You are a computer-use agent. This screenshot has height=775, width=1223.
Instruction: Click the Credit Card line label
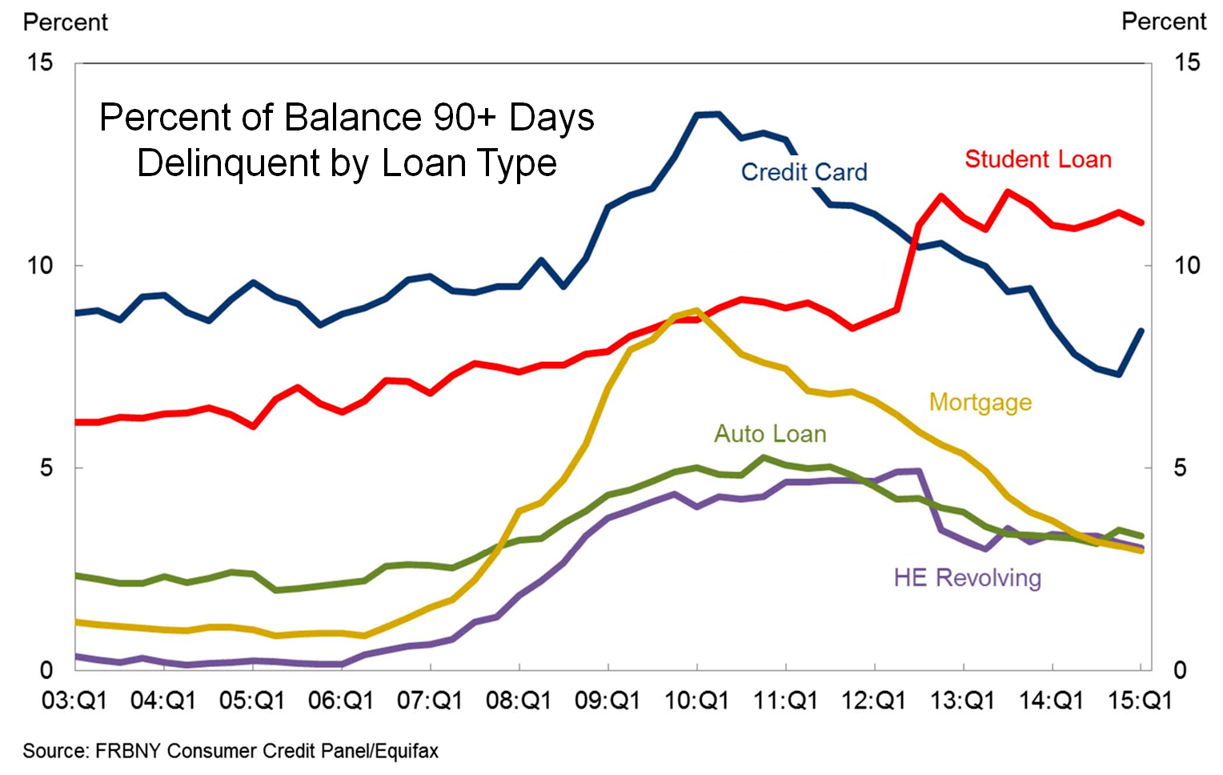(804, 172)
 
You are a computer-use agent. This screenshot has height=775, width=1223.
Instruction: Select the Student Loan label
(1038, 159)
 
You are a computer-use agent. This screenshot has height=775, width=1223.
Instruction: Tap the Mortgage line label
(980, 402)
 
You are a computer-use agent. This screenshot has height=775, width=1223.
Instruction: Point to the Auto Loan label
(770, 434)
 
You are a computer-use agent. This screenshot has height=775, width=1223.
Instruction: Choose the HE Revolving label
(967, 577)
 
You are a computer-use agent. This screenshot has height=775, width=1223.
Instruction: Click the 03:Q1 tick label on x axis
(74, 701)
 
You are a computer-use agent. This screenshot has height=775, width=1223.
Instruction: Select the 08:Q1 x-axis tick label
(519, 701)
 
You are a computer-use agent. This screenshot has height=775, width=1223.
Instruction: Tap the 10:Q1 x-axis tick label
(696, 701)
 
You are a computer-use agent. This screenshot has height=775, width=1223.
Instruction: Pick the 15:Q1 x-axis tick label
(1140, 701)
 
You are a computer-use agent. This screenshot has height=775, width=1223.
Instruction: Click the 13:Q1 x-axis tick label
(962, 701)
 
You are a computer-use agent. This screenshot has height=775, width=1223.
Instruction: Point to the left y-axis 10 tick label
(39, 266)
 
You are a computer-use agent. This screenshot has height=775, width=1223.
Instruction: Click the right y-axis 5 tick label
(1180, 468)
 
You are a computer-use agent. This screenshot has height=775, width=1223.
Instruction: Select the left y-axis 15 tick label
(39, 62)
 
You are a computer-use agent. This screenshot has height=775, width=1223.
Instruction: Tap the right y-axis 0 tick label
(1180, 671)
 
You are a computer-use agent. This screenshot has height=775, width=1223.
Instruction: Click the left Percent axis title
(65, 22)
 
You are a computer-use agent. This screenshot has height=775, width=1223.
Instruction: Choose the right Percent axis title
(1164, 22)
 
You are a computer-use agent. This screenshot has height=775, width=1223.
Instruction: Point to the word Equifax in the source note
(407, 751)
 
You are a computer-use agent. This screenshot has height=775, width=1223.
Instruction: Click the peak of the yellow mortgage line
(696, 310)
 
